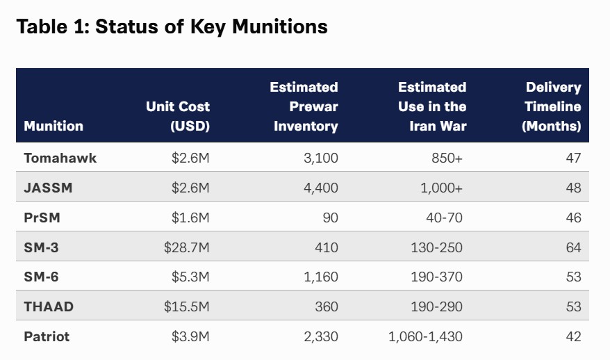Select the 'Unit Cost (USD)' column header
click(178, 116)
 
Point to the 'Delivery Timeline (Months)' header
click(552, 106)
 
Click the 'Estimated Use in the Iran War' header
click(431, 106)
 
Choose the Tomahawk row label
click(60, 158)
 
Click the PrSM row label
click(42, 218)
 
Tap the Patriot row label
click(47, 337)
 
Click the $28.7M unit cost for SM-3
click(187, 247)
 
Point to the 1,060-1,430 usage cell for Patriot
click(425, 337)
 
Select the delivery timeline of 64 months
click(573, 247)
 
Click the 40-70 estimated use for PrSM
click(444, 218)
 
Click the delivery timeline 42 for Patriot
click(573, 337)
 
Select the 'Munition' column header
click(53, 126)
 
